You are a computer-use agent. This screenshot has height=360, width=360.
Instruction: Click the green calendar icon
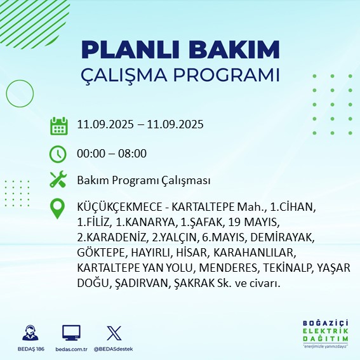[58, 126]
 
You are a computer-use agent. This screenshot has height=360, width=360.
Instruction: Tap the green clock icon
[58, 154]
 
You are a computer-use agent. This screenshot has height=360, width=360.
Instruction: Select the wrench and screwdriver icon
[58, 180]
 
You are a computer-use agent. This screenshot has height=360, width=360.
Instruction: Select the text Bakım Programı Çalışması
[143, 181]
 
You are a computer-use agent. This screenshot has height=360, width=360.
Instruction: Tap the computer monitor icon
[70, 333]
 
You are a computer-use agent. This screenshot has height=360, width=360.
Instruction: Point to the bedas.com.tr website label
[70, 349]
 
